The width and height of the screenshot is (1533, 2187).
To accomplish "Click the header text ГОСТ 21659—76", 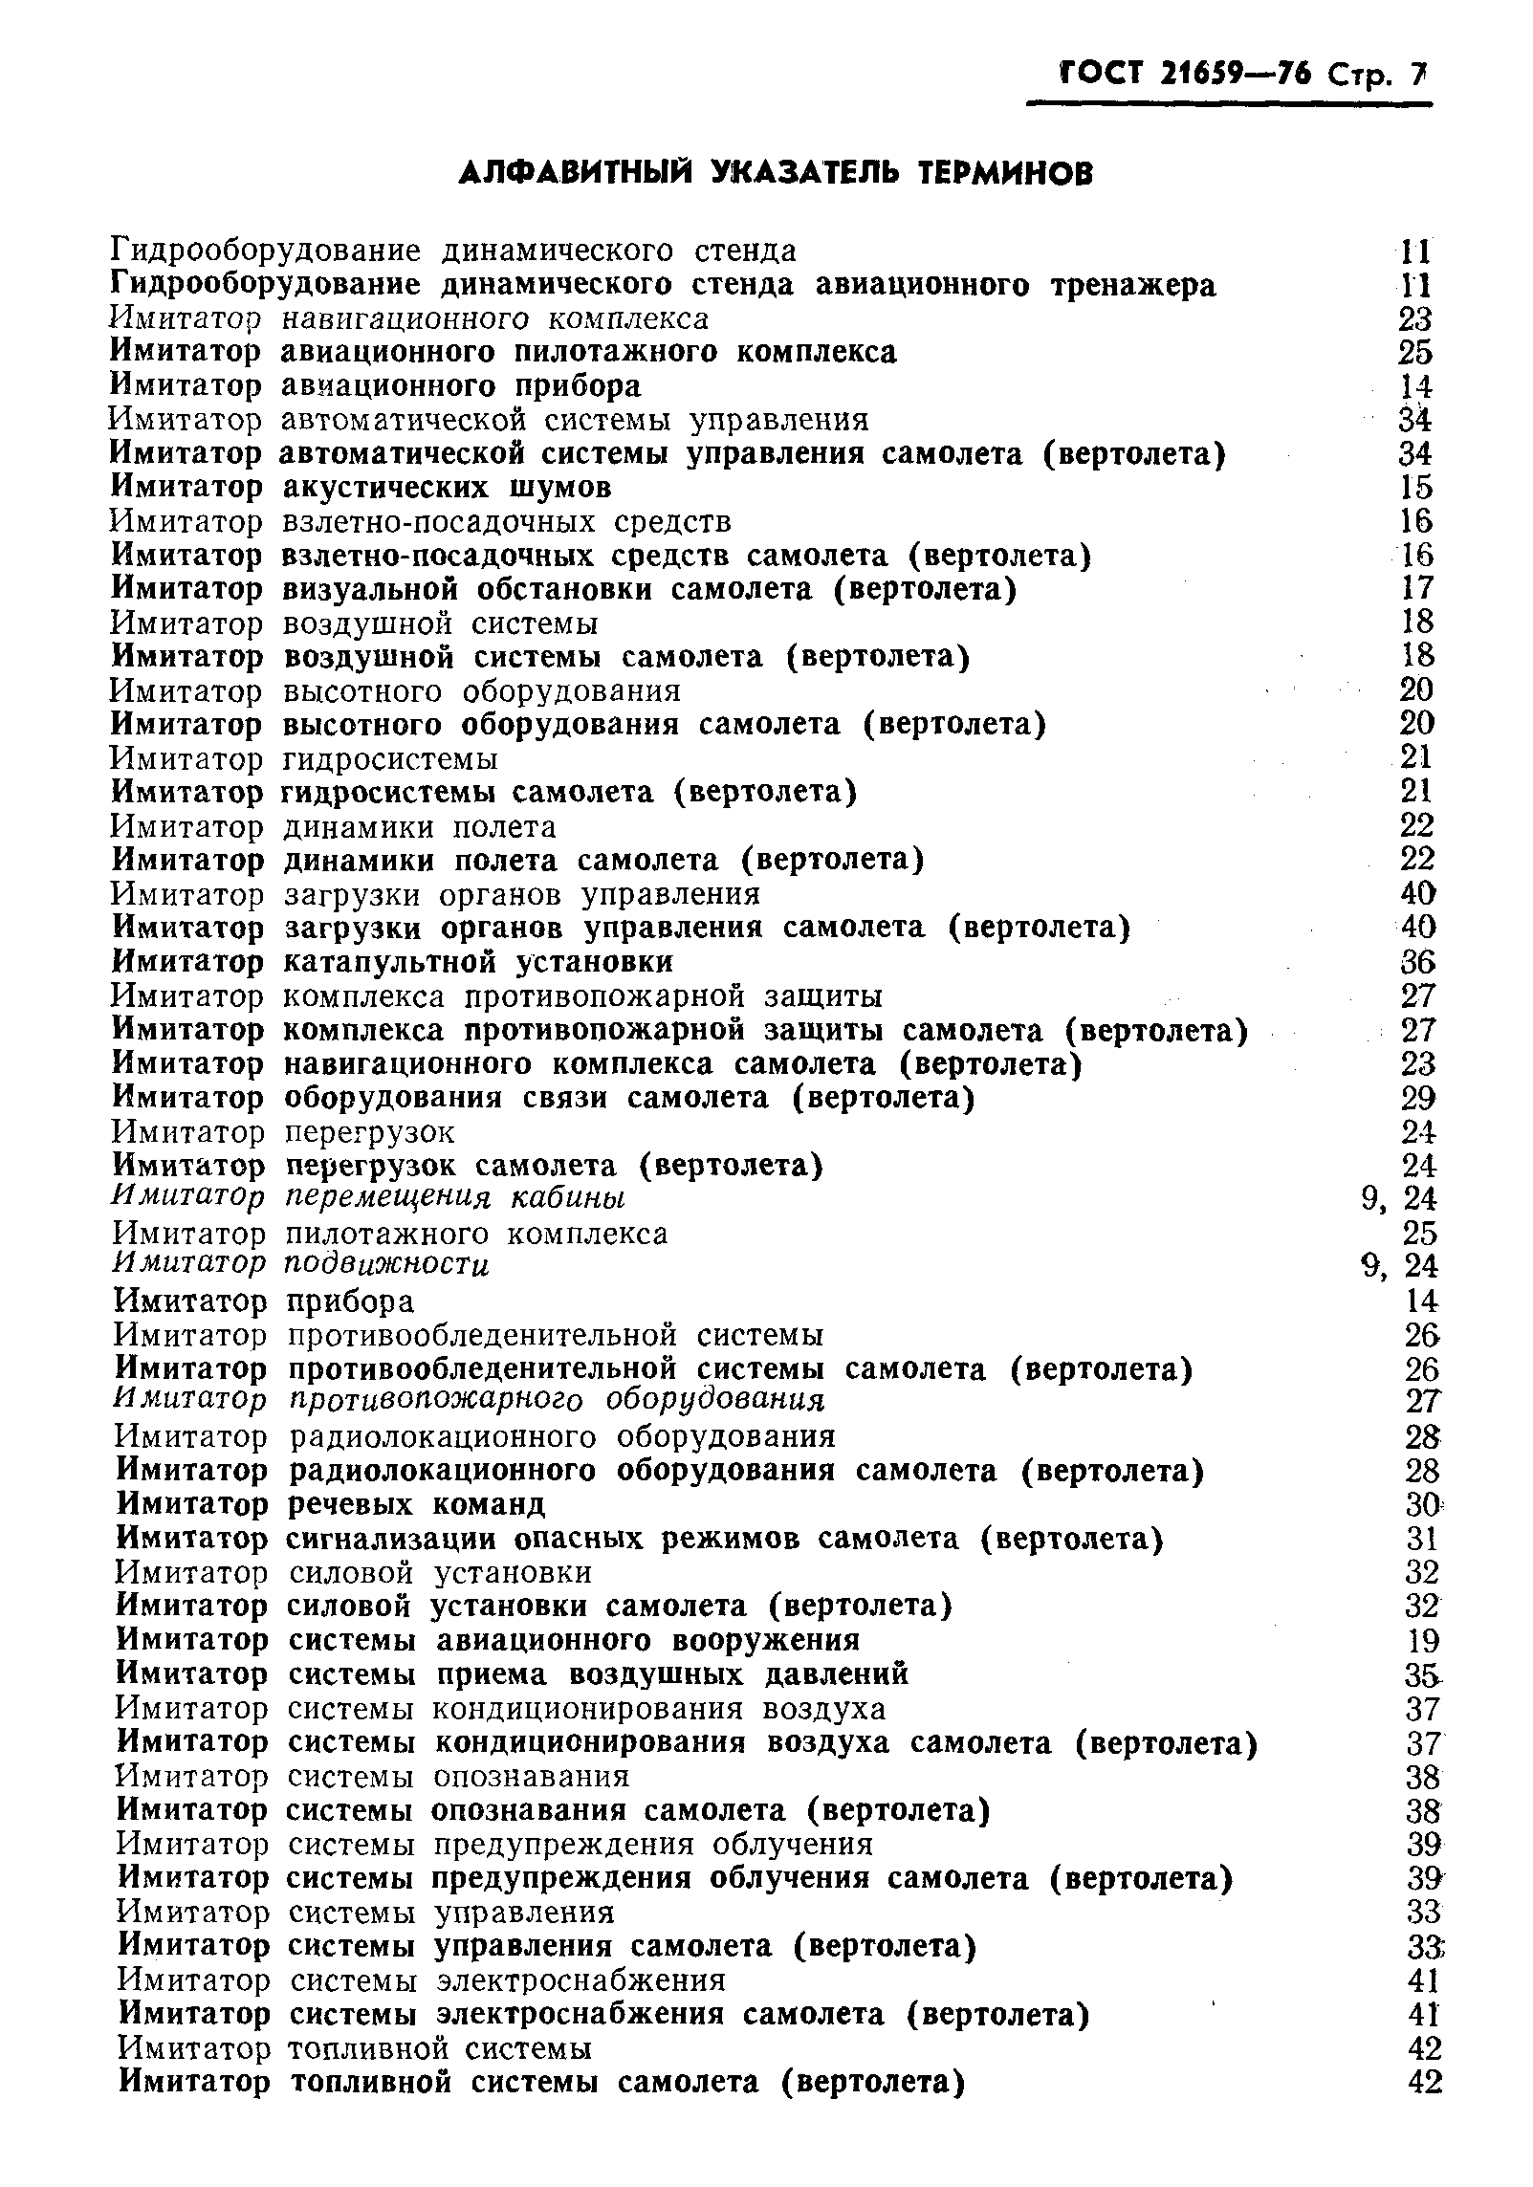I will [1182, 74].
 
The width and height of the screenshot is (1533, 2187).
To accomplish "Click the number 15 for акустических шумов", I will [1415, 488].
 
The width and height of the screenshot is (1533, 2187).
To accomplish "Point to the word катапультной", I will [391, 962].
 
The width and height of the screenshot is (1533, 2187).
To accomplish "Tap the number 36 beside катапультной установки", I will [1417, 962].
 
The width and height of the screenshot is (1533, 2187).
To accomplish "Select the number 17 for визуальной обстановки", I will [1415, 589].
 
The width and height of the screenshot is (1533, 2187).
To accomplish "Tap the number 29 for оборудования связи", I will [1417, 1098].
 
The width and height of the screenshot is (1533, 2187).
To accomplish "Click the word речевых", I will [350, 1504].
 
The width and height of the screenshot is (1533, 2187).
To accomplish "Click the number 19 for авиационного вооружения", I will [1422, 1641].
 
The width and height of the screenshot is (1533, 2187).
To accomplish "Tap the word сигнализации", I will [391, 1539].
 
